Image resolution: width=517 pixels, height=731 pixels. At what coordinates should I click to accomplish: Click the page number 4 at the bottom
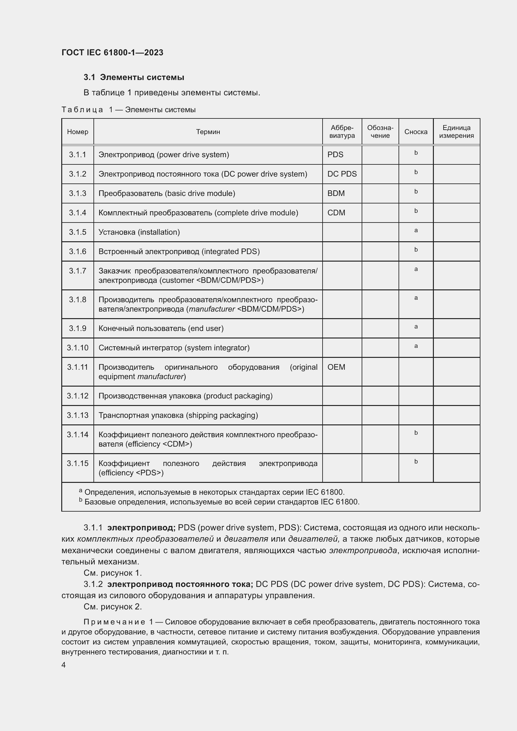[64, 665]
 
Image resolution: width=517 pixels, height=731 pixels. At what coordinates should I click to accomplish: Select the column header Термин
[208, 132]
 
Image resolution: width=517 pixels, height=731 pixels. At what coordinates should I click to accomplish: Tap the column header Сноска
[416, 132]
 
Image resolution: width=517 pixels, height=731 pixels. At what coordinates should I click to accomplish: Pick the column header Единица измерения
[456, 132]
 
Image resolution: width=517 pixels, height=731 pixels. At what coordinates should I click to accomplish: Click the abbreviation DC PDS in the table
[342, 174]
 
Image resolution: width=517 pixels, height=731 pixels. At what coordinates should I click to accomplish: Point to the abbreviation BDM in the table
[336, 193]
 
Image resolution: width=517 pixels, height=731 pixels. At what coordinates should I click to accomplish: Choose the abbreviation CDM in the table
[336, 213]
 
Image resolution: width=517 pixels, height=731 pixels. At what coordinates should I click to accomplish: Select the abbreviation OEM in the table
[336, 367]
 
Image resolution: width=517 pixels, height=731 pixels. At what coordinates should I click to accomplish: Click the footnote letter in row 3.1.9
[416, 327]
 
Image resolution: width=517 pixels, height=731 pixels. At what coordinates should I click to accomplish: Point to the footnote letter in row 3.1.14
[416, 433]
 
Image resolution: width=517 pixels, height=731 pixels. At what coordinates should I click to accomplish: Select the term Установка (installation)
[139, 232]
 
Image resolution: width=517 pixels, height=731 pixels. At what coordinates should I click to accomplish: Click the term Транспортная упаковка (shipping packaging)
[178, 415]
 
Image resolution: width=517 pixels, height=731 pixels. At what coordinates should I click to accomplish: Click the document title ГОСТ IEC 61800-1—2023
[113, 53]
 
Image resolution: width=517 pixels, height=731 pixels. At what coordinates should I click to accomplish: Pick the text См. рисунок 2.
[113, 607]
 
